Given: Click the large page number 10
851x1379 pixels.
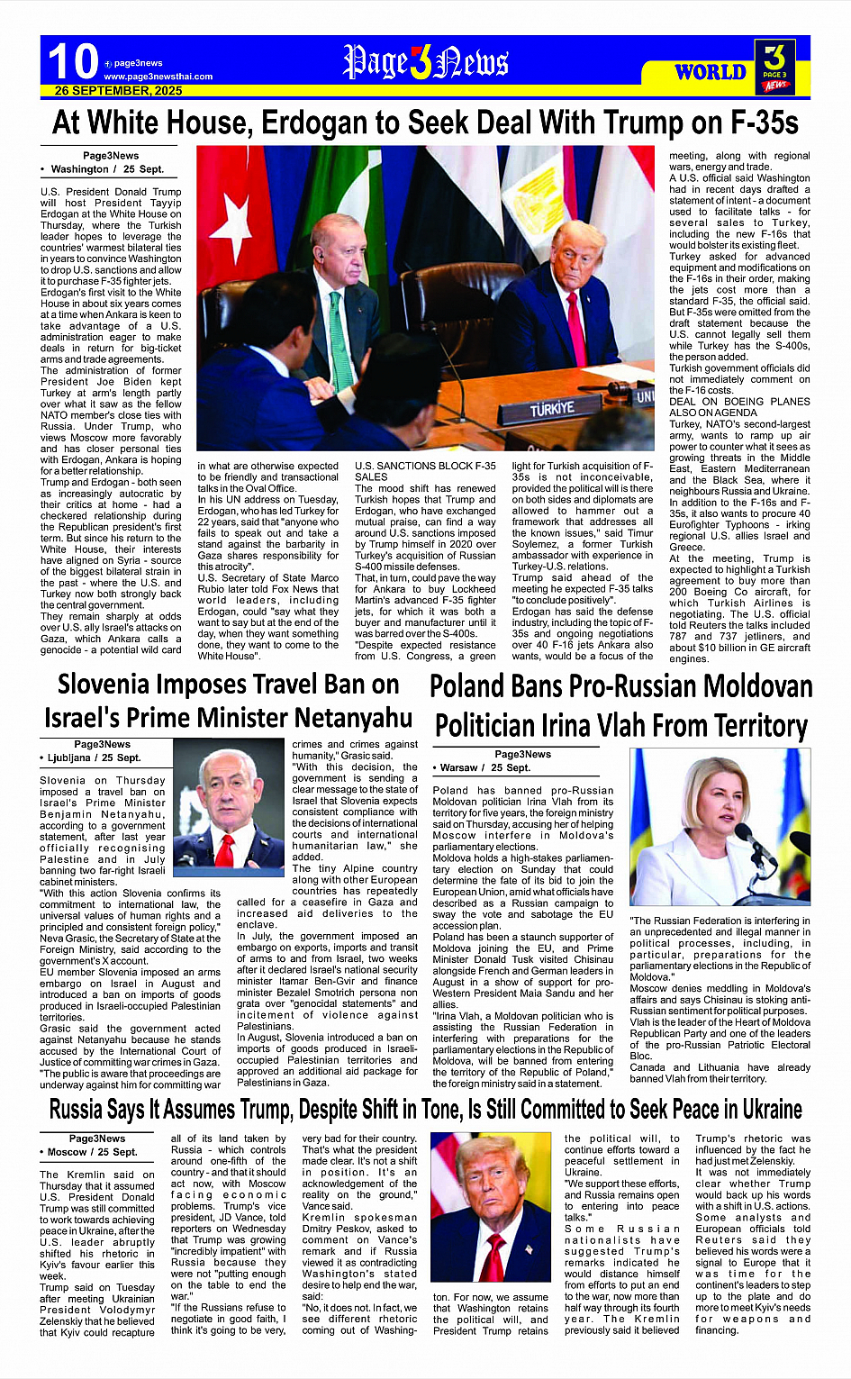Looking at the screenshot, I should click(72, 62).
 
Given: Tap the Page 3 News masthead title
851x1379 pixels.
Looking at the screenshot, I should click(426, 63).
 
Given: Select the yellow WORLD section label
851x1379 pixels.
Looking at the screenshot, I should click(711, 72).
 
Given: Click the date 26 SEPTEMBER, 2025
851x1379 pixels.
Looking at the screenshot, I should click(118, 91).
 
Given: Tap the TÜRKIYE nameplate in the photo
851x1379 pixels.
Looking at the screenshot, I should click(552, 409).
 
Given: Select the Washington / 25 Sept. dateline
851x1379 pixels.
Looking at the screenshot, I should click(106, 168).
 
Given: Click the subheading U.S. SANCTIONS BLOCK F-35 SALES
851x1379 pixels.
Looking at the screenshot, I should click(424, 471).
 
